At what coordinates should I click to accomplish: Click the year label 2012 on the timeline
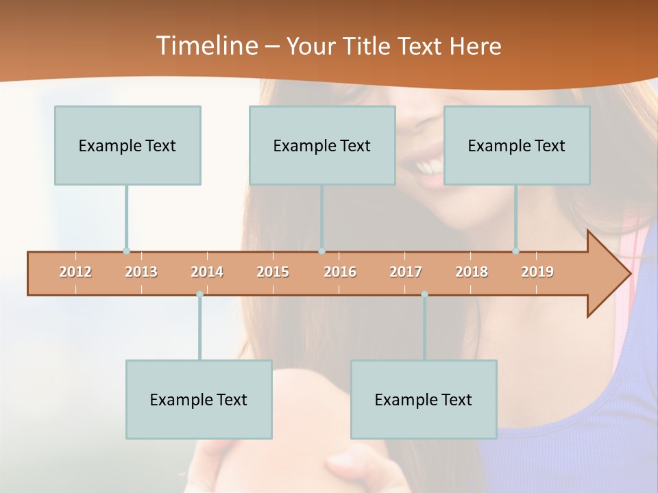(x=75, y=272)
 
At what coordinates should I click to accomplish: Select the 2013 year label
(x=141, y=272)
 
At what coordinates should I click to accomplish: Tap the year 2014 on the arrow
(x=207, y=272)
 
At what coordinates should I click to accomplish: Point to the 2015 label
(x=273, y=272)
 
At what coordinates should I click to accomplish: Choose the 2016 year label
(x=340, y=272)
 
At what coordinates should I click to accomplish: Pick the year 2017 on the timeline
(x=406, y=272)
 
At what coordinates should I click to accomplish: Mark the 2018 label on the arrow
(x=472, y=272)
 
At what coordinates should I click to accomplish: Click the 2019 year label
(x=537, y=272)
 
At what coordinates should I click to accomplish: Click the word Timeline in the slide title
(x=206, y=46)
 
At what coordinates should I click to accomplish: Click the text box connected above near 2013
(x=127, y=145)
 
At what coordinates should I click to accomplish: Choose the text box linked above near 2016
(x=322, y=145)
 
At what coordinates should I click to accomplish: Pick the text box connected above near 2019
(x=517, y=145)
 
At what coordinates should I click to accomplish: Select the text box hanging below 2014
(x=199, y=399)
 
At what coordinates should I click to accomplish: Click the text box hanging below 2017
(x=424, y=399)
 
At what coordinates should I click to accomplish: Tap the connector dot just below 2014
(x=199, y=294)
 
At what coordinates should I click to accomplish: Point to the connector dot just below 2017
(x=424, y=294)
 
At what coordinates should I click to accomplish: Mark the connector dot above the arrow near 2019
(x=516, y=251)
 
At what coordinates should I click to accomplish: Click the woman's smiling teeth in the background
(x=429, y=166)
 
